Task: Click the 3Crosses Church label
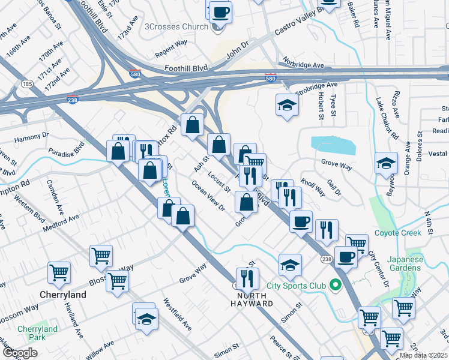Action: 176,26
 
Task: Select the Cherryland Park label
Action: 37,333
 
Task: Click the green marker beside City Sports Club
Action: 335,284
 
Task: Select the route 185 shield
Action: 26,85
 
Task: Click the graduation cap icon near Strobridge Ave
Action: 288,106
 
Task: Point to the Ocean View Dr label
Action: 208,196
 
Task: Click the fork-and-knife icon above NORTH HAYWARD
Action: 247,278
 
